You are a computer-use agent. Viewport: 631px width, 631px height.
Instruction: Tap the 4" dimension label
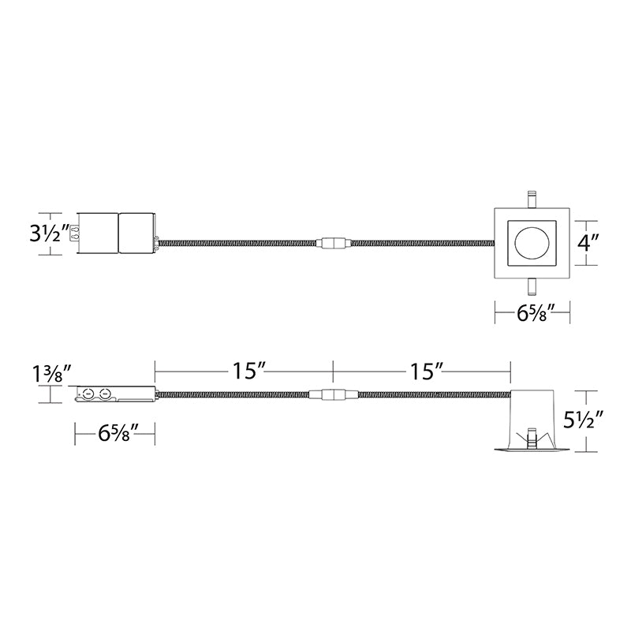[588, 243]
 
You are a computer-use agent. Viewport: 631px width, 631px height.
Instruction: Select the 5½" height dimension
[583, 420]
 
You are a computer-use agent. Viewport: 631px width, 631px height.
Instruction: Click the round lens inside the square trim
[531, 244]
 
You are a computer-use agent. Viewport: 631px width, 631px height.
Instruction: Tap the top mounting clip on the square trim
[532, 200]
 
